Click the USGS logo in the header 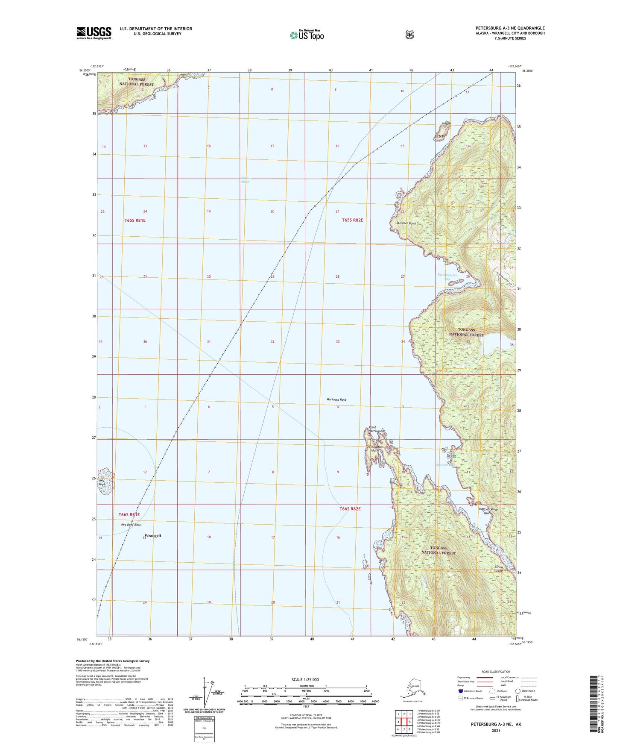(x=94, y=33)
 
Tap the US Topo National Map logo (x=306, y=35)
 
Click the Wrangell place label (x=153, y=535)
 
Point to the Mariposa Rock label (x=336, y=399)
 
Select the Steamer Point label (x=404, y=223)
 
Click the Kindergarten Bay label (x=447, y=277)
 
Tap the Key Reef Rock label (x=131, y=525)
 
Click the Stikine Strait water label (x=245, y=180)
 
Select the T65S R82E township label (x=352, y=220)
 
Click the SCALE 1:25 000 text (x=305, y=680)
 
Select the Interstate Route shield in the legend (x=460, y=691)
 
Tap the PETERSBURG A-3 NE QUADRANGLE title (x=510, y=28)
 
